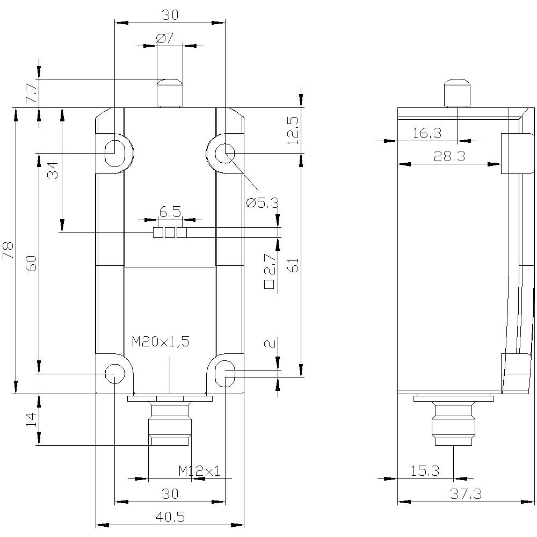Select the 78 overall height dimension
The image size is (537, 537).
point(9,250)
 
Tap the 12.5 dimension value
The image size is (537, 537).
point(292,130)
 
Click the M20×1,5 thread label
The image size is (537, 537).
point(161,341)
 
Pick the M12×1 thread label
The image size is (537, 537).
point(199,471)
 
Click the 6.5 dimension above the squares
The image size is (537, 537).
point(170,212)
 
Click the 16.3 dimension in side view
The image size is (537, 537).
point(427,133)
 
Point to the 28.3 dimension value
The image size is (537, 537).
point(449,156)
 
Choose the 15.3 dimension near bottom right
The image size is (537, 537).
point(425,471)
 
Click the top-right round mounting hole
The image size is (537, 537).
point(223,153)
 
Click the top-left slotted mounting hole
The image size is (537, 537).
point(115,153)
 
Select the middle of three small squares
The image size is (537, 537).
point(170,233)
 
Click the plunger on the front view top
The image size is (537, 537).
point(169,92)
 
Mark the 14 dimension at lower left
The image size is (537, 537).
point(32,419)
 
